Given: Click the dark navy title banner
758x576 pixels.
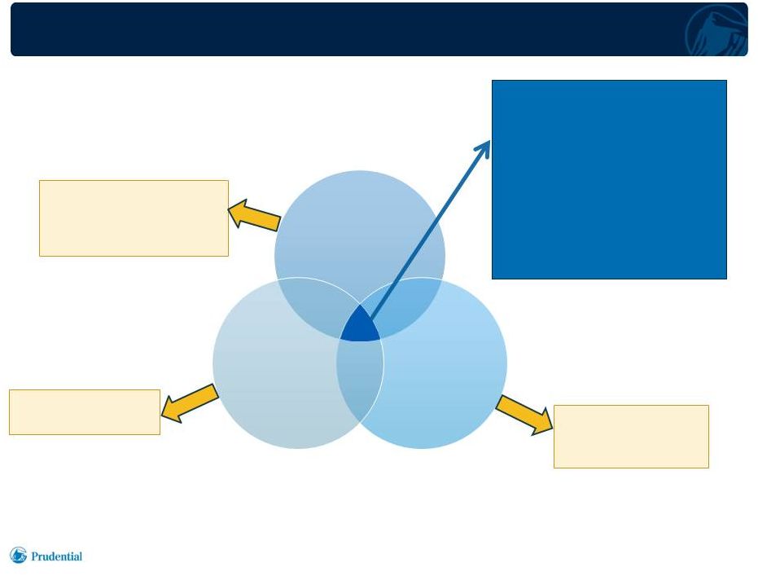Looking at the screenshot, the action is pos(379,29).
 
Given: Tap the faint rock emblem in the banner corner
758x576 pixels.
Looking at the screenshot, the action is pos(716,30).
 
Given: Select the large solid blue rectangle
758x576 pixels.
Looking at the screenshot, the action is pos(609,179).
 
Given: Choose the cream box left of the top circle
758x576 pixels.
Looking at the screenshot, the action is pos(134,218).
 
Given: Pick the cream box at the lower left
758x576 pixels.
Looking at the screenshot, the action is pos(85,412).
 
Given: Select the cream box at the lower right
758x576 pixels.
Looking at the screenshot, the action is pos(631,437).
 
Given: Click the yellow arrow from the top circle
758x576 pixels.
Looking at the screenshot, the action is pos(254,215).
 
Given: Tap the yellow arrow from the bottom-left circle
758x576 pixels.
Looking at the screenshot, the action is pos(190,403).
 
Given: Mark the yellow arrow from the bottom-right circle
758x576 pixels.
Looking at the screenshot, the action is pos(524,415).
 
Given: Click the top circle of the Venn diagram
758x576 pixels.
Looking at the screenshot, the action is pos(360,227).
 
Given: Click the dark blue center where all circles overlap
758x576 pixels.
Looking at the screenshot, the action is pos(360,328).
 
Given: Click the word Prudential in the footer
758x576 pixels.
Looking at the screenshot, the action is pos(56,556).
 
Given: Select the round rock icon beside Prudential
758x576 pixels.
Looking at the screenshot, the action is pos(19,555).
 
